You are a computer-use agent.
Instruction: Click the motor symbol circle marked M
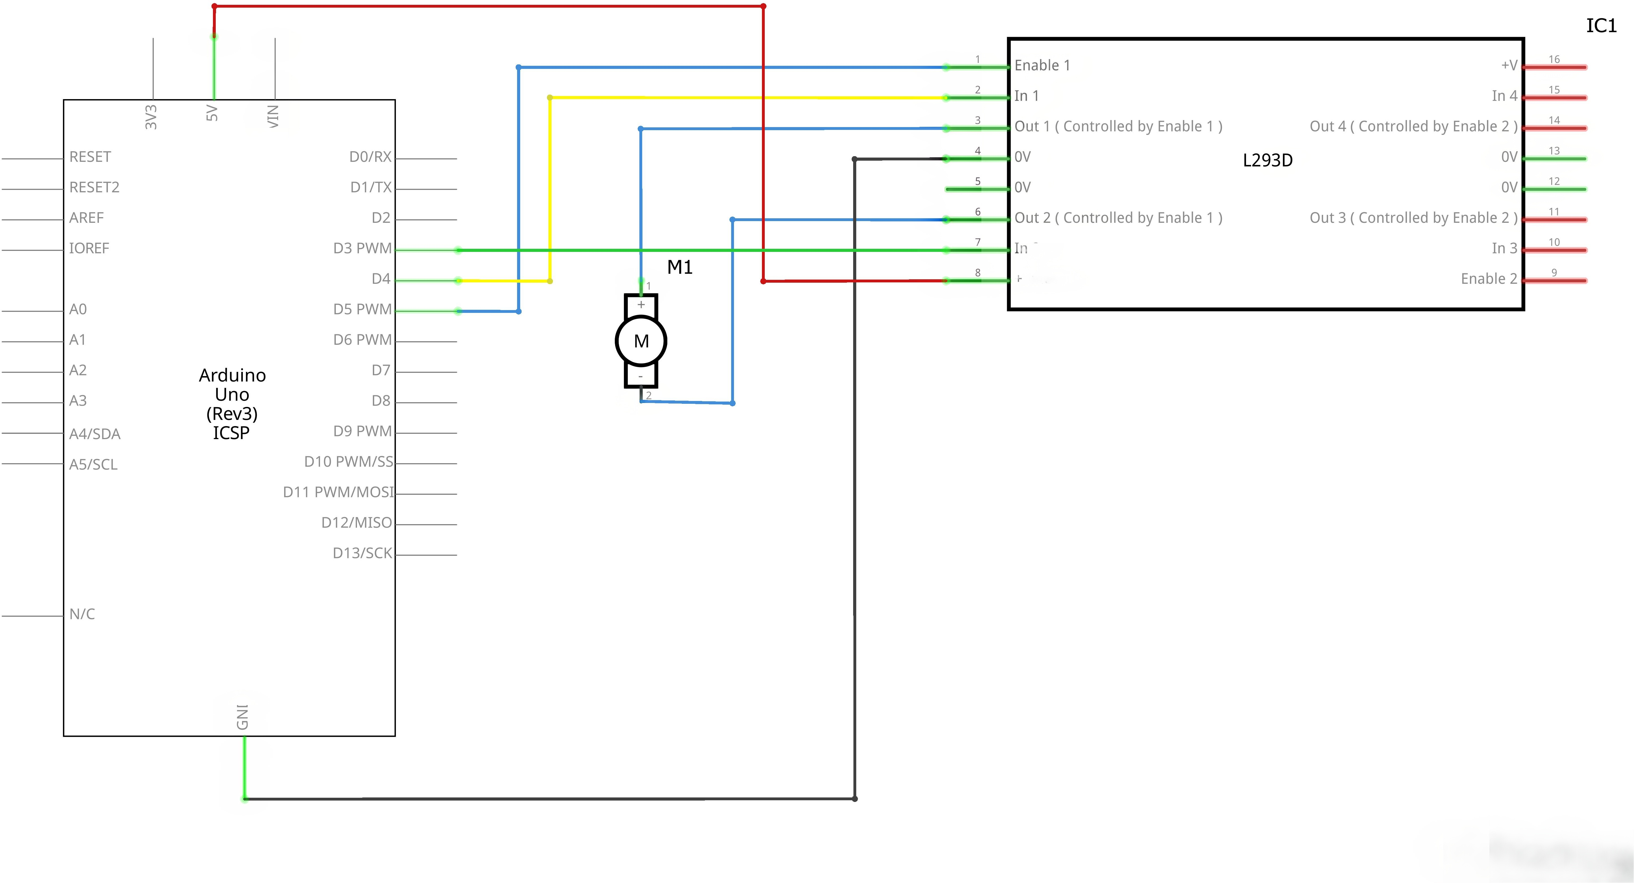[x=641, y=341]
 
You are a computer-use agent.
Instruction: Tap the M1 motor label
[x=679, y=267]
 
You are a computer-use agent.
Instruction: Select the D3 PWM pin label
[x=362, y=248]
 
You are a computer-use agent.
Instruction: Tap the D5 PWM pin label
[x=362, y=309]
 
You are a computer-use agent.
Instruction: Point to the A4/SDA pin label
[x=95, y=434]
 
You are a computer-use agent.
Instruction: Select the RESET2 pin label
[x=94, y=187]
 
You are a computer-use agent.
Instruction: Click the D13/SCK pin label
[x=362, y=553]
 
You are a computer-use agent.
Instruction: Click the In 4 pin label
[x=1504, y=96]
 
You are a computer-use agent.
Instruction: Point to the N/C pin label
[x=82, y=614]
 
